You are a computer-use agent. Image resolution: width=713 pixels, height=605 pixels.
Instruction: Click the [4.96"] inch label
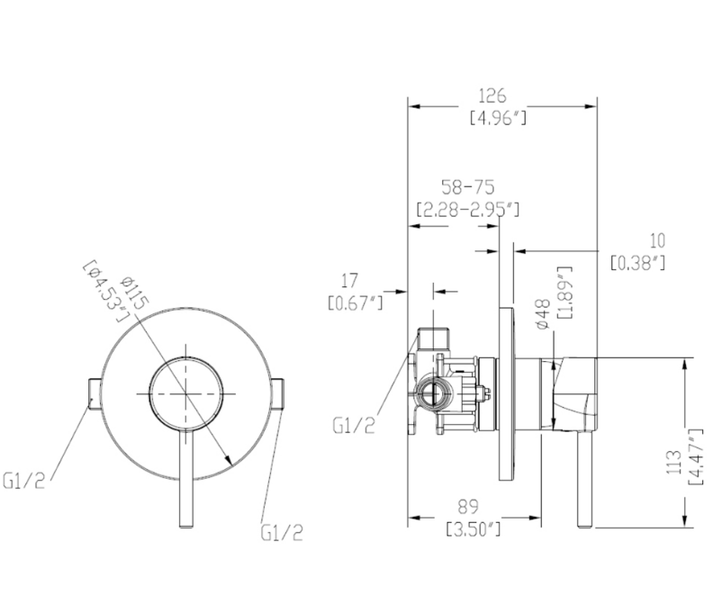(498, 117)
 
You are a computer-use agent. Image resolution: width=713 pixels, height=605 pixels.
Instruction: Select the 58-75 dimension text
(467, 187)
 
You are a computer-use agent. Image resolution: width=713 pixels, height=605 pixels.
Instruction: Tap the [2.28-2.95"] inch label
(468, 209)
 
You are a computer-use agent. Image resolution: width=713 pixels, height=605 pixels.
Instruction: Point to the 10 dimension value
(658, 240)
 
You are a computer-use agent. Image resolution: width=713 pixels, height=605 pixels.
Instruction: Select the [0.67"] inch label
(354, 302)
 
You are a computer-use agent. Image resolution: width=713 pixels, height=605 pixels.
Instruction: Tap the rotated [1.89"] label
(564, 293)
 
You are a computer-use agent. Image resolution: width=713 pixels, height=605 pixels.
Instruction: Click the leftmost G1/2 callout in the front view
(23, 482)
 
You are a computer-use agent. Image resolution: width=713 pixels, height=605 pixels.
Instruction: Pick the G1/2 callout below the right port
(282, 532)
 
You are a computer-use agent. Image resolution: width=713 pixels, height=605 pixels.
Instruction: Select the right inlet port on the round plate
(278, 393)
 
